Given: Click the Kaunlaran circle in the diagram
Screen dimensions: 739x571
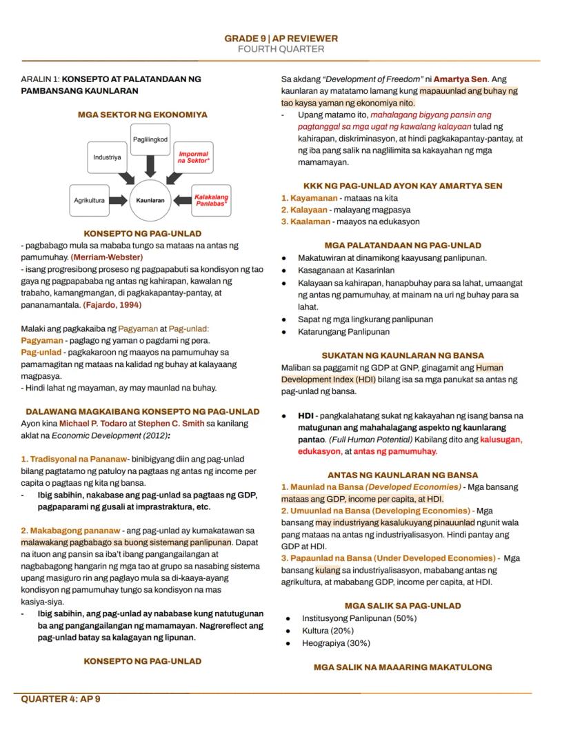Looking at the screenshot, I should click(150, 200).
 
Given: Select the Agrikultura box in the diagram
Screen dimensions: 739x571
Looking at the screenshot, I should click(90, 200).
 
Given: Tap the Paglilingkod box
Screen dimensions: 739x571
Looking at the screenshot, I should click(150, 139).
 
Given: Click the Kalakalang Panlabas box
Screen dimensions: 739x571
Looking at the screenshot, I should click(210, 200).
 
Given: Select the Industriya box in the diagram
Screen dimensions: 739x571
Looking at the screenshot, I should click(108, 157).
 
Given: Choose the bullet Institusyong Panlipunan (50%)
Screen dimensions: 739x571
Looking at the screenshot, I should click(359, 618).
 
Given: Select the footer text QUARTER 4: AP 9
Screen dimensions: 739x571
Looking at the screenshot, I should click(61, 699).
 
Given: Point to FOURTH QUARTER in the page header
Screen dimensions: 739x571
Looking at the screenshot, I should click(281, 49).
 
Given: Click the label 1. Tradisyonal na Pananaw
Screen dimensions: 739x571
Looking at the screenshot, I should click(74, 459).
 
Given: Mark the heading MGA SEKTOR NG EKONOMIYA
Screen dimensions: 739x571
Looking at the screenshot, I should click(142, 115).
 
